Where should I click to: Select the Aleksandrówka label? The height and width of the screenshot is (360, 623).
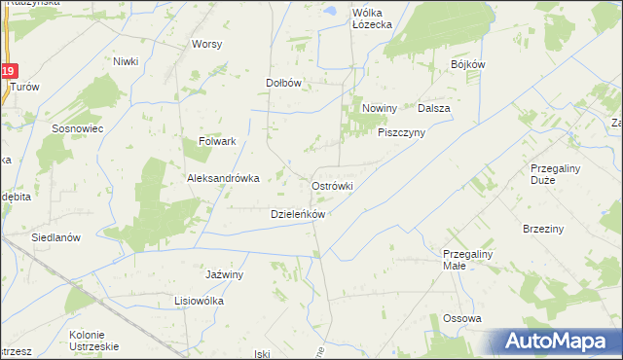(x=223, y=178)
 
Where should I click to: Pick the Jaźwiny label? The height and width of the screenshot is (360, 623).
(x=224, y=274)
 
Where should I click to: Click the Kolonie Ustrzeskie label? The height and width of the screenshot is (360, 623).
(x=93, y=341)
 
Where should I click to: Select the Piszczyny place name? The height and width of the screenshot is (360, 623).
(x=402, y=133)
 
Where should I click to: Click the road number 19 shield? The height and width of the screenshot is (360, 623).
(x=9, y=71)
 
